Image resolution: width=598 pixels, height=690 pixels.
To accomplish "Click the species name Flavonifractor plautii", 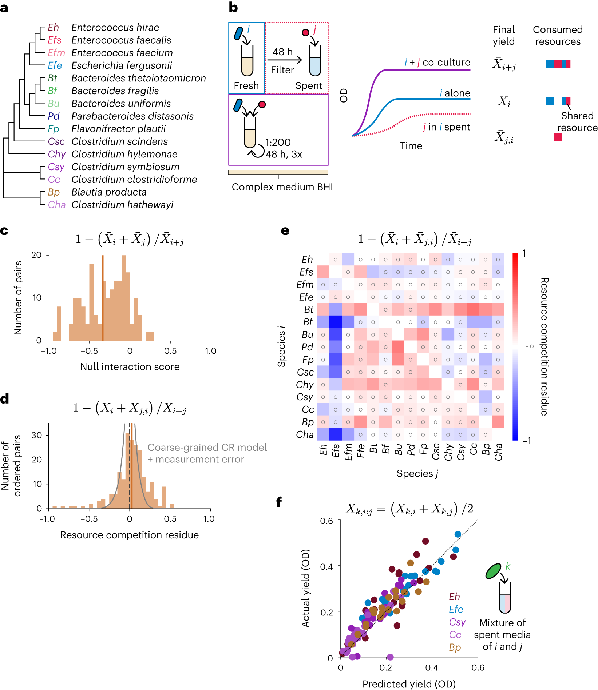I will (x=118, y=129).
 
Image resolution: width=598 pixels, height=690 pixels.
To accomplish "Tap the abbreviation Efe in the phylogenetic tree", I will (x=55, y=65).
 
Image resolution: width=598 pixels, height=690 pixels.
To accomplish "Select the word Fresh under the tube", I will (x=246, y=85).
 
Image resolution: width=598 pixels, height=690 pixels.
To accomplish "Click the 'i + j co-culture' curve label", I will (x=437, y=62).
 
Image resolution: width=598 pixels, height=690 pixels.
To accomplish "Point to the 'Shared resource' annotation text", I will (x=577, y=121).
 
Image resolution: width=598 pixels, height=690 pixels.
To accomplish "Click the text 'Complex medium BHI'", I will (x=282, y=187).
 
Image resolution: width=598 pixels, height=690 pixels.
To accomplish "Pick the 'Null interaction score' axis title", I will (x=130, y=366).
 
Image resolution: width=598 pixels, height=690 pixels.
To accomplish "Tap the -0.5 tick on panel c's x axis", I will (x=89, y=351).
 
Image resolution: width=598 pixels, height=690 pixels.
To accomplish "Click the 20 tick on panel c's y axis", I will (x=36, y=255).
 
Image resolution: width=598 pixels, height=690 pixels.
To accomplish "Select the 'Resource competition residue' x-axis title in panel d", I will (x=130, y=535).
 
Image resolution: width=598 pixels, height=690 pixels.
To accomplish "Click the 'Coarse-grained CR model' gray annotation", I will (x=207, y=447).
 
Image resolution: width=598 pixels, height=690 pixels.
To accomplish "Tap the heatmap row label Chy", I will (x=305, y=385).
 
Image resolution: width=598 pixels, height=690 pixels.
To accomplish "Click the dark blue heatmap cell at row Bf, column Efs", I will (x=335, y=322).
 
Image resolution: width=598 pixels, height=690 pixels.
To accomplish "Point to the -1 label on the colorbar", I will (x=527, y=441).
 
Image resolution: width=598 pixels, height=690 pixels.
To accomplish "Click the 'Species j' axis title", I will (x=417, y=473).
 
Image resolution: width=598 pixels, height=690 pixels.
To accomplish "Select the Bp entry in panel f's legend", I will (x=455, y=647).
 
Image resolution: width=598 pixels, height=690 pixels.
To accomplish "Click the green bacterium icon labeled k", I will (x=494, y=571).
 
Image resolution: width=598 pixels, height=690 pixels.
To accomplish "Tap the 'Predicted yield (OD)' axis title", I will (x=409, y=684).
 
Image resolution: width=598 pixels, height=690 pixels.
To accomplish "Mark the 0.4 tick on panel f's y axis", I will (x=326, y=566).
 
